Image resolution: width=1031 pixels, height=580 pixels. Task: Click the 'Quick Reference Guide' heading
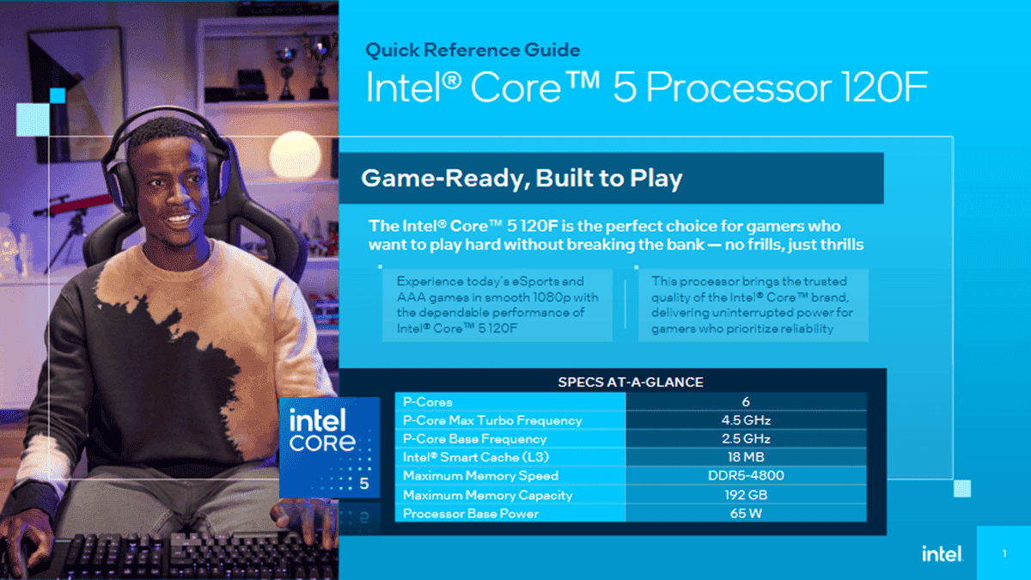pyautogui.click(x=473, y=50)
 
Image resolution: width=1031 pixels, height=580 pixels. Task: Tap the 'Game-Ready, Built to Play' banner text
pyautogui.click(x=522, y=179)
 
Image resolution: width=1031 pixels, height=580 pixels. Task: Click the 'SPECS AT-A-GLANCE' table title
pyautogui.click(x=631, y=382)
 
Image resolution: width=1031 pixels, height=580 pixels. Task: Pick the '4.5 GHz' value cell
pyautogui.click(x=745, y=420)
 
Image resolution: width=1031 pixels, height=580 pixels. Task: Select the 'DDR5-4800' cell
pyautogui.click(x=745, y=476)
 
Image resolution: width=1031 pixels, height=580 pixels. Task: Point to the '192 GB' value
pyautogui.click(x=745, y=495)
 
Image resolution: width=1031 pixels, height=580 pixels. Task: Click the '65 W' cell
pyautogui.click(x=745, y=514)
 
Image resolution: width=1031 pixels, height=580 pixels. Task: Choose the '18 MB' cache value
pyautogui.click(x=745, y=457)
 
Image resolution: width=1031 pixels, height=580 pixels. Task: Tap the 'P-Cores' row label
pyautogui.click(x=428, y=401)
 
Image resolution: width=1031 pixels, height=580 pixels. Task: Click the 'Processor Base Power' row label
pyautogui.click(x=471, y=514)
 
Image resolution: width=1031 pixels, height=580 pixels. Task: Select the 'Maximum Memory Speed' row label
pyautogui.click(x=480, y=476)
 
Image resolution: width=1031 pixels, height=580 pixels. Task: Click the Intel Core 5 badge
pyautogui.click(x=329, y=447)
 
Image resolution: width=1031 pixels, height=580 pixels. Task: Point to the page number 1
pyautogui.click(x=1004, y=554)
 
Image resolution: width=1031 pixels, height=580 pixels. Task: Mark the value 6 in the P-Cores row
pyautogui.click(x=745, y=401)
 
